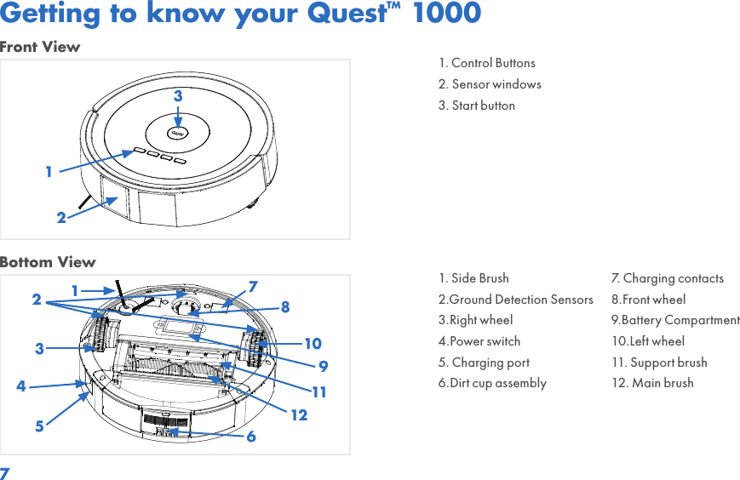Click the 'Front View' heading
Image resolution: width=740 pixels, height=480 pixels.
(x=40, y=48)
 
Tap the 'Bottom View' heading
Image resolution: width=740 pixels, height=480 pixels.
(x=48, y=262)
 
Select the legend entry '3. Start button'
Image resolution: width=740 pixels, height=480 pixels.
(x=477, y=106)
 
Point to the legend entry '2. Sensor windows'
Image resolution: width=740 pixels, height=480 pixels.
(x=490, y=84)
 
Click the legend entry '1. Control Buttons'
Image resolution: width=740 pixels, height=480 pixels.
(x=487, y=63)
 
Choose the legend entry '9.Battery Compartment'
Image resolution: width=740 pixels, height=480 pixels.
(x=675, y=320)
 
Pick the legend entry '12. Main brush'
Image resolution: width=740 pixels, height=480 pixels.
(x=652, y=383)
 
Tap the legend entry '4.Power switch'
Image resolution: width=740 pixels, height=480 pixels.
(x=479, y=341)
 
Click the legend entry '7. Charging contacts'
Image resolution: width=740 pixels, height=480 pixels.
(x=668, y=278)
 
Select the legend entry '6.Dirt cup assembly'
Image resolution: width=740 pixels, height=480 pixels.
(x=492, y=383)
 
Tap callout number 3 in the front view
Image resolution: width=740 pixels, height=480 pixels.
(x=178, y=97)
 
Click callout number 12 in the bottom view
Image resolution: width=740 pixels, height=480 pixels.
(x=299, y=416)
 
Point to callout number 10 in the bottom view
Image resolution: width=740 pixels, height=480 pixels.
(x=313, y=344)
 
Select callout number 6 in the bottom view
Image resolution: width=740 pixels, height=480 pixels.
(x=251, y=437)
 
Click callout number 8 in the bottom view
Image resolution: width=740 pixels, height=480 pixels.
(x=285, y=306)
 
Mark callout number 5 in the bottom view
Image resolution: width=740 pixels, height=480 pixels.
(x=39, y=426)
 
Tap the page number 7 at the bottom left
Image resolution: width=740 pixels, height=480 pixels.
(x=5, y=472)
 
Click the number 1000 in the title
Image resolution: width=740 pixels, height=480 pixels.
(x=447, y=14)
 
